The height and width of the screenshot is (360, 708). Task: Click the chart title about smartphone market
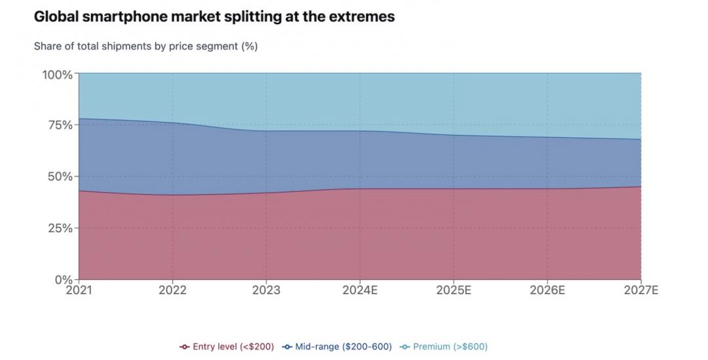click(214, 17)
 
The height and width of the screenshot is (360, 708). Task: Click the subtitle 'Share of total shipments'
click(145, 46)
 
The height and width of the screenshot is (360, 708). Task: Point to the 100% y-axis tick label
click(58, 74)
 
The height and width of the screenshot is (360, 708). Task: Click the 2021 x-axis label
click(79, 290)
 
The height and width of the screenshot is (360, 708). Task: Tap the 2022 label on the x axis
click(172, 290)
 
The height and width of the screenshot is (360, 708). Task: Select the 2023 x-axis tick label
click(266, 290)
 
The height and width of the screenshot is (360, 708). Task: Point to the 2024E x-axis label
click(360, 290)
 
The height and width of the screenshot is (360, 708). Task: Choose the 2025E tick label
click(454, 290)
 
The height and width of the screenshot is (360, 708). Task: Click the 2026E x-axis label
click(547, 290)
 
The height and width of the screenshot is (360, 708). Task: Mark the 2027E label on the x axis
click(640, 290)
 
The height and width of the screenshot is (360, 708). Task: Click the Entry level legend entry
click(227, 346)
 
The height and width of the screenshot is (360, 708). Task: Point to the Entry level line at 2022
click(172, 195)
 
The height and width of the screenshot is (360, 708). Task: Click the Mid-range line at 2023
click(266, 130)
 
